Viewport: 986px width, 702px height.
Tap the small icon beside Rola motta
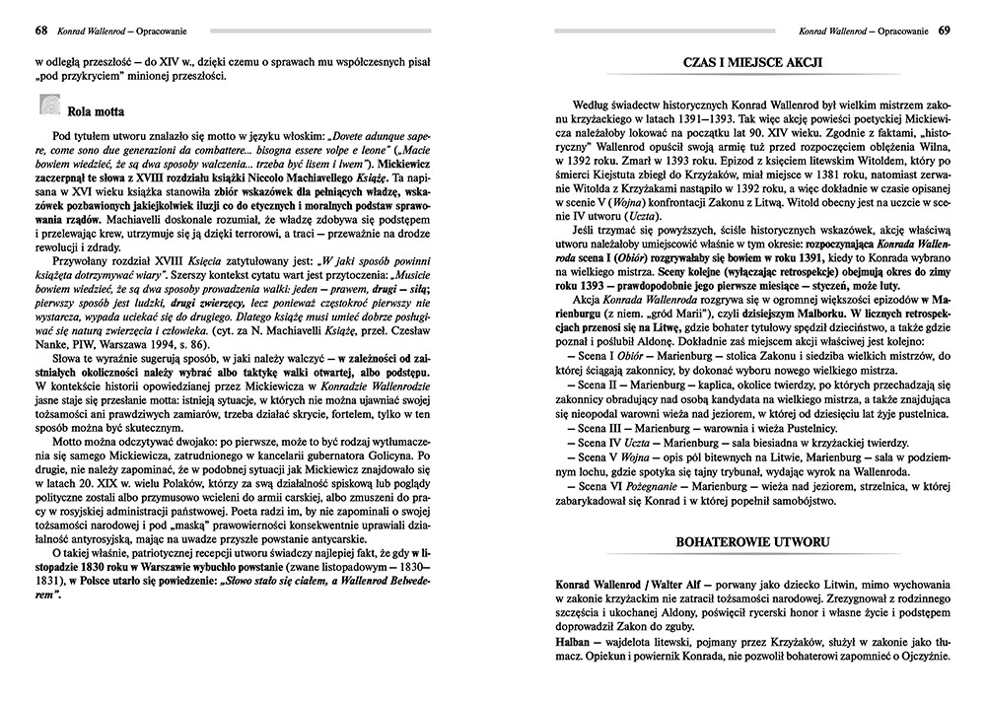[x=48, y=105]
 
